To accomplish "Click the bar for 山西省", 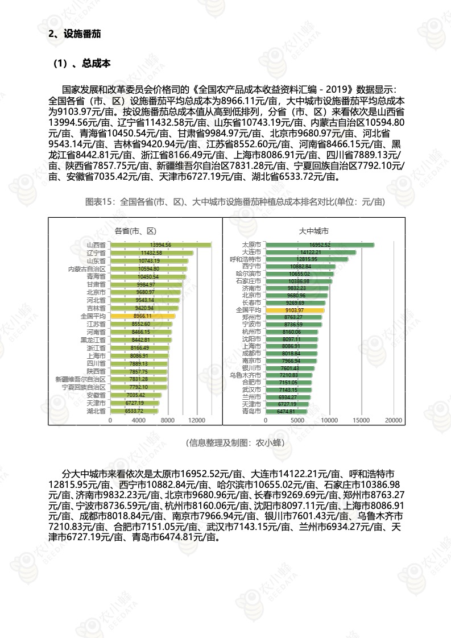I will tap(160, 245).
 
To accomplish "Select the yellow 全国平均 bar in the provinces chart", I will tap(142, 316).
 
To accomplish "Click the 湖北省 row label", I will tap(96, 411).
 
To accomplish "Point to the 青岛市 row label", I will tap(251, 411).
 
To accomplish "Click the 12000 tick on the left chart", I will tap(196, 420).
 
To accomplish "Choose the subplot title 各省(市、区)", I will tap(135, 231).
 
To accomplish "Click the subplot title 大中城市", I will tap(314, 231).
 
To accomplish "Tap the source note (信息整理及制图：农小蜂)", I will tap(235, 442).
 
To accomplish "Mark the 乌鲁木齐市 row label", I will tap(245, 375).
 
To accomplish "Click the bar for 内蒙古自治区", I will tap(148, 268).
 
